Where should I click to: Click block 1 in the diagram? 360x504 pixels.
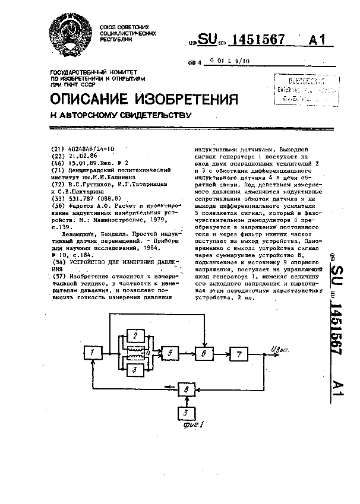click(x=93, y=354)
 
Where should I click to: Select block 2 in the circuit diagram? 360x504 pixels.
click(x=135, y=337)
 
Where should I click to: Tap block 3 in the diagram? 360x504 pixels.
click(x=135, y=370)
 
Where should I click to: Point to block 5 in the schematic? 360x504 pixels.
click(x=170, y=354)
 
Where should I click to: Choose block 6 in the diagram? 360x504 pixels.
click(x=204, y=354)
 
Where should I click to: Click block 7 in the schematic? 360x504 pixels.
click(x=239, y=354)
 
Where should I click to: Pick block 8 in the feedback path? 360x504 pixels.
click(x=187, y=389)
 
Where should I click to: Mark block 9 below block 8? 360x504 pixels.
click(x=187, y=412)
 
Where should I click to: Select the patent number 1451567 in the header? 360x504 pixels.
click(x=257, y=40)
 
